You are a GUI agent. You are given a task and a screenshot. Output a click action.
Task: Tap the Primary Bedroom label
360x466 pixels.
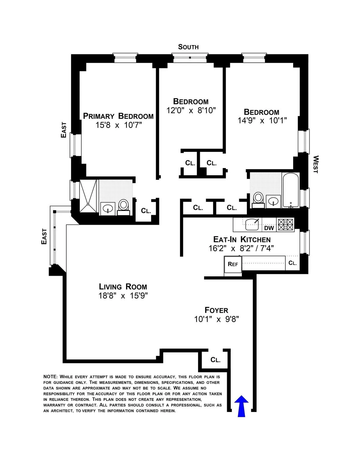(x=118, y=116)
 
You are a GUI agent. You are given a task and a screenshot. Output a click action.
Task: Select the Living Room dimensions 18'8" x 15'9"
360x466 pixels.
(x=123, y=296)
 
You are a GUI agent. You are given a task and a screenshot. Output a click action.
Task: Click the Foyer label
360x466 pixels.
(x=216, y=310)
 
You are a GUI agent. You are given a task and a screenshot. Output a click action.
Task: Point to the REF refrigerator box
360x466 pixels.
(x=233, y=264)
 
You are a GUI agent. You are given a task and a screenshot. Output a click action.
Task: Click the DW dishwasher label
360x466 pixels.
(x=269, y=228)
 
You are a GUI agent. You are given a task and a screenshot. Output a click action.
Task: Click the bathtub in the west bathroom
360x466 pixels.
(x=291, y=190)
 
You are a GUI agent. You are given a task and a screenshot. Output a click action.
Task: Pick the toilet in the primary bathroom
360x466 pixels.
(x=123, y=206)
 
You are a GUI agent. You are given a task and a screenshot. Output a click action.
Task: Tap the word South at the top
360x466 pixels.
(x=188, y=47)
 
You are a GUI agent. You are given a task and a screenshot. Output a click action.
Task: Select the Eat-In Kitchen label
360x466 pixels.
(x=242, y=239)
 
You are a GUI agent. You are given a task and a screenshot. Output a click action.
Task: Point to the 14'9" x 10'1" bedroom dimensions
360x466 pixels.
(x=262, y=121)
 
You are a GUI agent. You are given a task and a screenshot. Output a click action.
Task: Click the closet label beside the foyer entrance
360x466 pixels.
(x=215, y=360)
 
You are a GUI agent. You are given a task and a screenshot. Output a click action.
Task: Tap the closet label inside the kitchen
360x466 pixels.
(x=292, y=263)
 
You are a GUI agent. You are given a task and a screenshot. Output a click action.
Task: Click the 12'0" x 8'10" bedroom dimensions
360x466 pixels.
(x=191, y=110)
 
